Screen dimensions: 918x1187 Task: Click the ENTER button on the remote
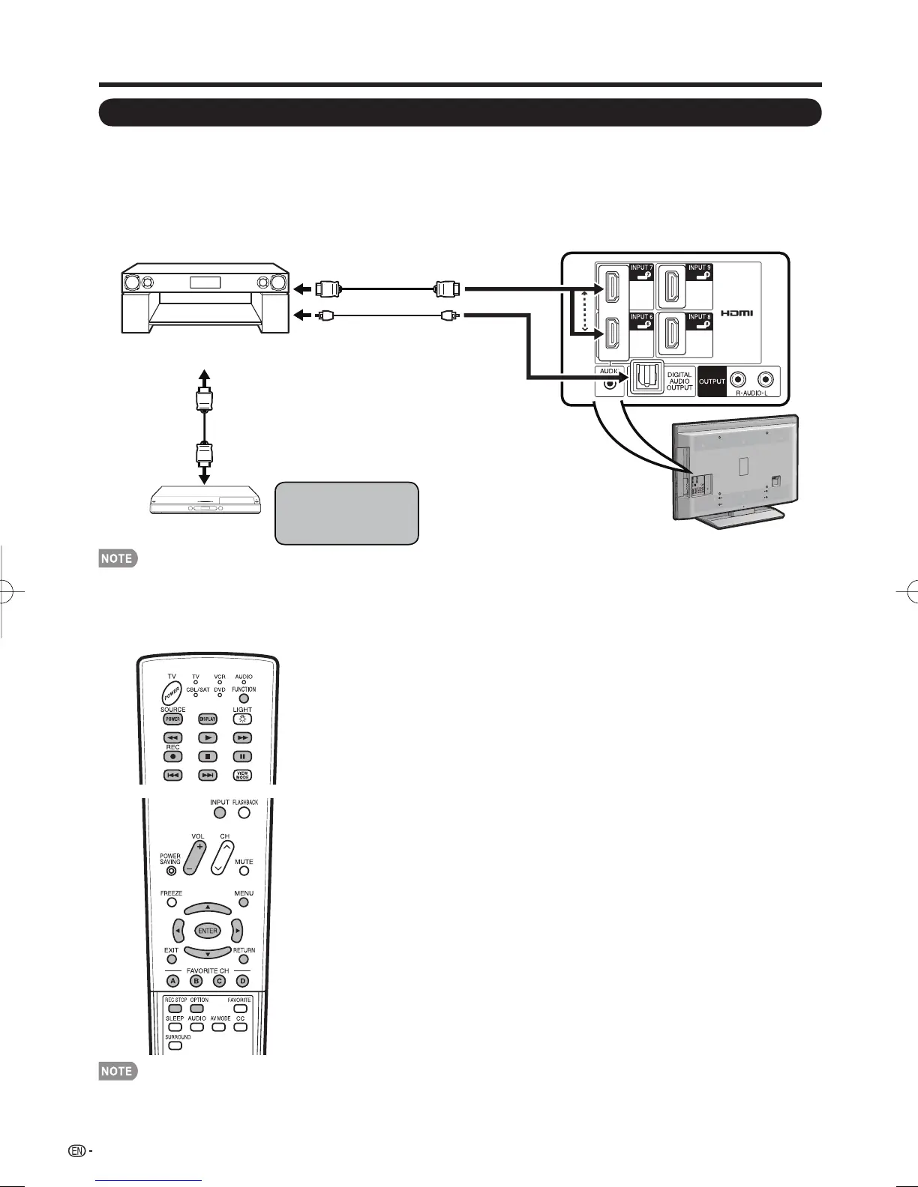(x=208, y=931)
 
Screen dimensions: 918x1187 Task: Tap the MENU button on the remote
(x=244, y=902)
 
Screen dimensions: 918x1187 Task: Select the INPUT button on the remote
(x=219, y=812)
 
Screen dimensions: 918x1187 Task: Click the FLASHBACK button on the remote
(x=244, y=812)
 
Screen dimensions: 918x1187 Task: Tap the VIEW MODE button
(x=242, y=776)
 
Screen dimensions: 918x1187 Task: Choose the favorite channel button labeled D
(x=242, y=981)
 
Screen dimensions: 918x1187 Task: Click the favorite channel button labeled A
(x=173, y=981)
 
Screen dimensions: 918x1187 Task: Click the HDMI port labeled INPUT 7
(x=611, y=287)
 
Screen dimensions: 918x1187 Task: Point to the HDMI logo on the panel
(x=737, y=312)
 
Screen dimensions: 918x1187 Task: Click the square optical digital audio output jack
(x=645, y=380)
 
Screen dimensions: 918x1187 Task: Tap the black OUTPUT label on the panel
(x=712, y=381)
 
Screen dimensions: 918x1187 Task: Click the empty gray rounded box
(x=346, y=513)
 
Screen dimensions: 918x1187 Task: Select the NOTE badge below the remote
(x=118, y=1072)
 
